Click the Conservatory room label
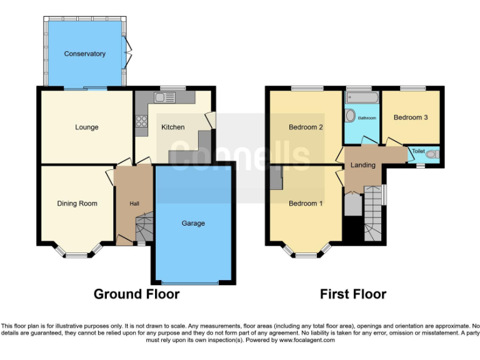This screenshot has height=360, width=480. [x=84, y=54]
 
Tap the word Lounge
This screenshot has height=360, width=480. [x=87, y=127]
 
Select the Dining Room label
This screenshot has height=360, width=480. [x=77, y=203]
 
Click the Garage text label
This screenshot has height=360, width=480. [x=193, y=223]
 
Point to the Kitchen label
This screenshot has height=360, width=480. [x=173, y=127]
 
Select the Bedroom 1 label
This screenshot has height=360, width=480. [x=306, y=203]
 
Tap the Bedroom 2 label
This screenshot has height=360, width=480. [x=306, y=127]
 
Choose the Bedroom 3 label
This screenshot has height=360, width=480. [x=411, y=117]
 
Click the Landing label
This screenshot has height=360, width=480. [x=362, y=166]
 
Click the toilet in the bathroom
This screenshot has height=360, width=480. [x=350, y=116]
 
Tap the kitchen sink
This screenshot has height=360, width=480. [x=164, y=97]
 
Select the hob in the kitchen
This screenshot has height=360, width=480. [x=141, y=122]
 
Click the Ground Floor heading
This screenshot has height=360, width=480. [x=136, y=294]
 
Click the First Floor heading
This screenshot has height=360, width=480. [x=353, y=294]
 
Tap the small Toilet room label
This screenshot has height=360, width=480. [x=418, y=151]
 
